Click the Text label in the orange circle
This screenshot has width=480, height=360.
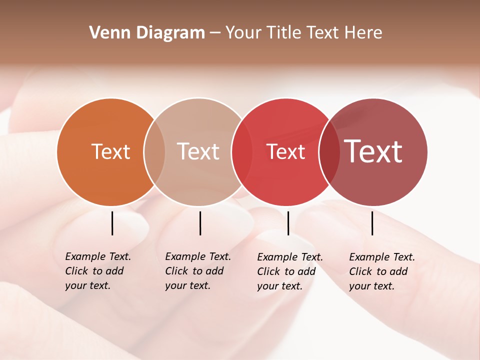pyautogui.click(x=110, y=151)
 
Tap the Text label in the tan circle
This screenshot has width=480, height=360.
pyautogui.click(x=198, y=151)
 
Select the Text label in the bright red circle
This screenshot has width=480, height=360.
pyautogui.click(x=285, y=152)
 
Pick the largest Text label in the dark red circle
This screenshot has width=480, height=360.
pyautogui.click(x=373, y=151)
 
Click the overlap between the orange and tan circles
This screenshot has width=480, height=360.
pyautogui.click(x=154, y=152)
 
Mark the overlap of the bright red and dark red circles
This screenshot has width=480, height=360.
pyautogui.click(x=328, y=152)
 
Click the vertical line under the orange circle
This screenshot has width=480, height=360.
pyautogui.click(x=112, y=223)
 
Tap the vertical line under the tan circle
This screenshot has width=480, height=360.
pyautogui.click(x=200, y=223)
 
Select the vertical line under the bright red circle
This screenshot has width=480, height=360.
pyautogui.click(x=288, y=223)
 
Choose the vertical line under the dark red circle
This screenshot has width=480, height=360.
pyautogui.click(x=372, y=223)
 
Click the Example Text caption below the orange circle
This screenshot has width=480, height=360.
pyautogui.click(x=97, y=271)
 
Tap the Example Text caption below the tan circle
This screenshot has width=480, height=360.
pyautogui.click(x=197, y=271)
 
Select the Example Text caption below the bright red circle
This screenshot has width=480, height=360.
pyautogui.click(x=289, y=271)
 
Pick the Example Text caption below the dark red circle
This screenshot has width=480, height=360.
pyautogui.click(x=381, y=271)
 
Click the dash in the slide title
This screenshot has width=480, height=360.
pyautogui.click(x=215, y=33)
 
